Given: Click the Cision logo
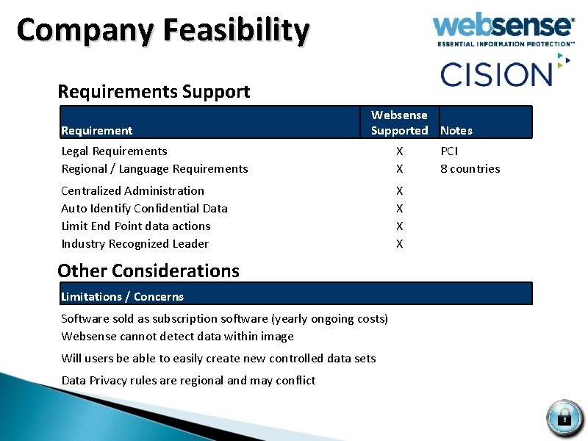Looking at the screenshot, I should pyautogui.click(x=496, y=73).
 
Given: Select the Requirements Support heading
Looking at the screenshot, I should pyautogui.click(x=154, y=92).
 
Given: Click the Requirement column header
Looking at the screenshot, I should pyautogui.click(x=96, y=131).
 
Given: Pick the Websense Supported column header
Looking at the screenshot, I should pyautogui.click(x=399, y=123).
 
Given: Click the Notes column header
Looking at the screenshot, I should pyautogui.click(x=456, y=131).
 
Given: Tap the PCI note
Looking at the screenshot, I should pyautogui.click(x=449, y=151).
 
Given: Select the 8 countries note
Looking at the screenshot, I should pyautogui.click(x=470, y=169).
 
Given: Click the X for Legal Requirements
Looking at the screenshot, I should pyautogui.click(x=399, y=151).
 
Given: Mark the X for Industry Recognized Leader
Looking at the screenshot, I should pyautogui.click(x=399, y=244).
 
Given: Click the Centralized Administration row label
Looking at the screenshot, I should pyautogui.click(x=133, y=191).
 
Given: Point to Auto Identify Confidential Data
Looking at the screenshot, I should pyautogui.click(x=144, y=209).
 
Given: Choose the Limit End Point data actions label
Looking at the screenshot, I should pyautogui.click(x=136, y=226).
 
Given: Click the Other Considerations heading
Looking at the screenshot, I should pyautogui.click(x=148, y=270).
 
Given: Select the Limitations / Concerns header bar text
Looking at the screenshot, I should pyautogui.click(x=122, y=297).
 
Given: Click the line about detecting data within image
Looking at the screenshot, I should pyautogui.click(x=177, y=337).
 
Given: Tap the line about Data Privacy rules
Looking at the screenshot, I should pyautogui.click(x=188, y=381).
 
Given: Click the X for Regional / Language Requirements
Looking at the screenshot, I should pyautogui.click(x=399, y=169).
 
